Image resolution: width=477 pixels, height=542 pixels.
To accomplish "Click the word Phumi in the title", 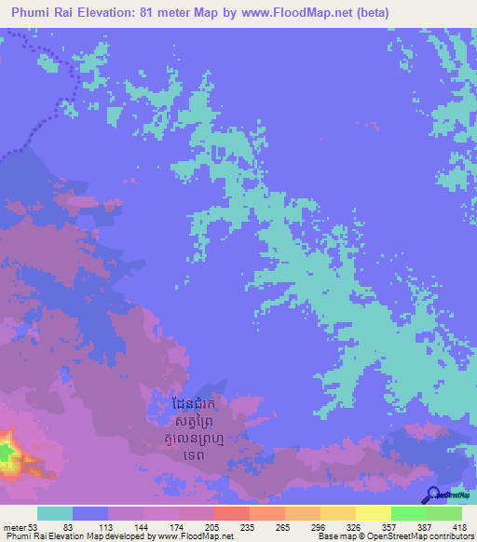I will tap(37, 13).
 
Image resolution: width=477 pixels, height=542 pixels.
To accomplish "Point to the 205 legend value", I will tap(213, 526).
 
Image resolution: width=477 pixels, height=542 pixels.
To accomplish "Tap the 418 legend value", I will tap(460, 526).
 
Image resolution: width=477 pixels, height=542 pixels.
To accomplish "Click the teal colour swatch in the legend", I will tap(55, 513).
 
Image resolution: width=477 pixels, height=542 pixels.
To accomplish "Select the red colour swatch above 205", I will tap(231, 513).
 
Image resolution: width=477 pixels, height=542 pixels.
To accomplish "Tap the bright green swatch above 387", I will tap(408, 513).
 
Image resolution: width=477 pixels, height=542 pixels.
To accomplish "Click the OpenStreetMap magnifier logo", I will tap(433, 495).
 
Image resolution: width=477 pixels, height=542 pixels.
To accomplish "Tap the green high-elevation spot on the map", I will tap(7, 454).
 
